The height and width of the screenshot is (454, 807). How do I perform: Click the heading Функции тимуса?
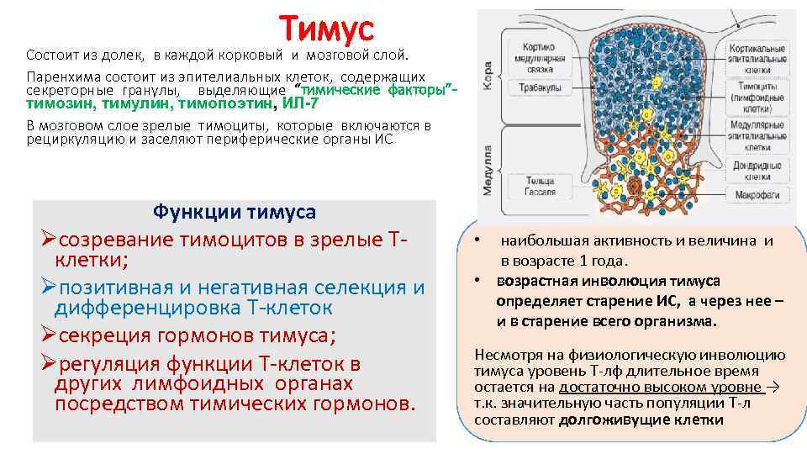click(235, 210)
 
